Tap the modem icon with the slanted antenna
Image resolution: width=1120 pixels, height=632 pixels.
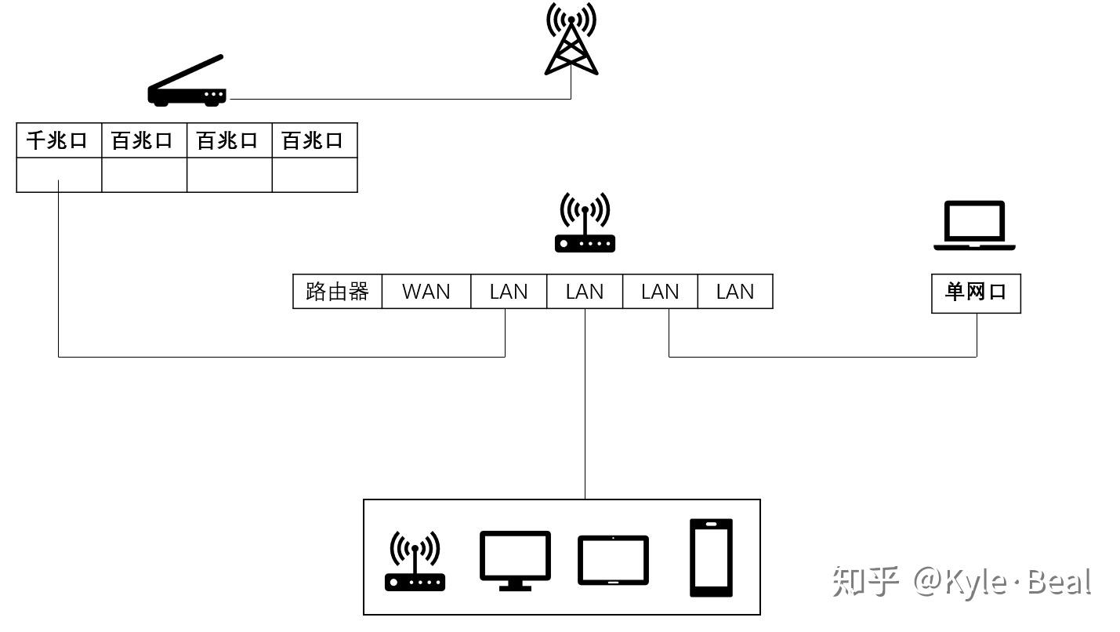pyautogui.click(x=187, y=83)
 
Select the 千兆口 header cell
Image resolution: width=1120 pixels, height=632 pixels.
pyautogui.click(x=59, y=140)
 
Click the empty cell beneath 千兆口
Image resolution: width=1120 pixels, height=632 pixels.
pyautogui.click(x=59, y=175)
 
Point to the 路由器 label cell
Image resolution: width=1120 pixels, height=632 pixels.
pyautogui.click(x=337, y=292)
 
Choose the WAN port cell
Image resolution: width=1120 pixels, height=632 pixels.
pyautogui.click(x=426, y=292)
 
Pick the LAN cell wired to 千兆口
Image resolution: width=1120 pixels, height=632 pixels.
pyautogui.click(x=508, y=292)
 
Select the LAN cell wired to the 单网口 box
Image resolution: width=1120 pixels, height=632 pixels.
pyautogui.click(x=660, y=292)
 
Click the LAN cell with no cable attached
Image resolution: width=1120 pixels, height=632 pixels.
pyautogui.click(x=735, y=292)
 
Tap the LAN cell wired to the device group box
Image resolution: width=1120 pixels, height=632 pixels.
pyautogui.click(x=584, y=292)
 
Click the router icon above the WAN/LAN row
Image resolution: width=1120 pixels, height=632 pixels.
pyautogui.click(x=585, y=224)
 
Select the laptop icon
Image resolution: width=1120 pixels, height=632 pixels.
pyautogui.click(x=974, y=226)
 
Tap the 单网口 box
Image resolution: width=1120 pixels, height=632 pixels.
pyautogui.click(x=976, y=292)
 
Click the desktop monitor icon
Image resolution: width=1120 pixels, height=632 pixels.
pyautogui.click(x=515, y=560)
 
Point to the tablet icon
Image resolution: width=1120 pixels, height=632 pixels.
pyautogui.click(x=613, y=561)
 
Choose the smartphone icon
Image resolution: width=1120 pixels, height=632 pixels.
pyautogui.click(x=711, y=558)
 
